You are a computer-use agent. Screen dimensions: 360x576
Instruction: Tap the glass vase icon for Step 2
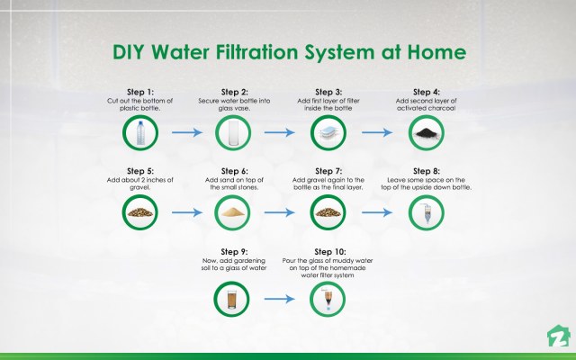[234, 133]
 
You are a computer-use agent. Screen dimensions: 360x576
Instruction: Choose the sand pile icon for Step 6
[234, 214]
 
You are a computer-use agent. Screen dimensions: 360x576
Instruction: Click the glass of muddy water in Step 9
[234, 296]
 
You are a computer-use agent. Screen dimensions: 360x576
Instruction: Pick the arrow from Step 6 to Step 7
[281, 214]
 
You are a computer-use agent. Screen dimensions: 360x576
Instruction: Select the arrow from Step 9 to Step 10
[281, 296]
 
